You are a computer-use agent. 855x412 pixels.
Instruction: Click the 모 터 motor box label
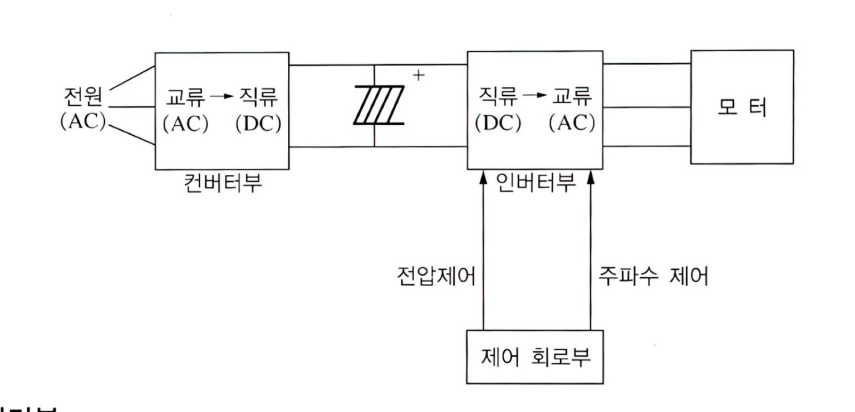coord(741,108)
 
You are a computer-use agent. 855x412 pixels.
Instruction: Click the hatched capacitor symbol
coord(379,105)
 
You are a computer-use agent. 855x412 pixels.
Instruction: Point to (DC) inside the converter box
coord(258,124)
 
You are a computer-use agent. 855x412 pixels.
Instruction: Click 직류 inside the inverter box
coord(498,99)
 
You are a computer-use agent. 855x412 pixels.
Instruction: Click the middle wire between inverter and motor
coord(647,106)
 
